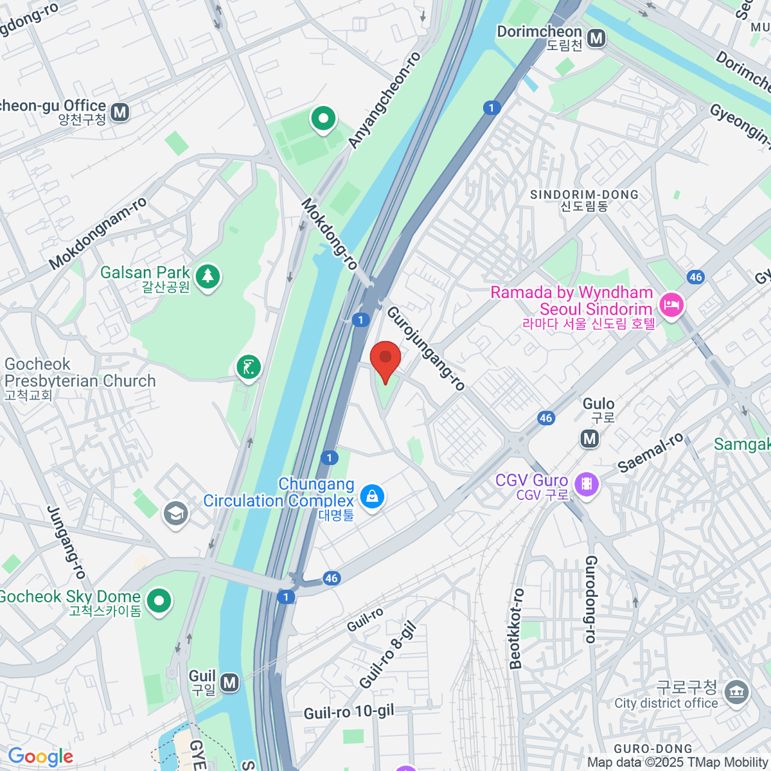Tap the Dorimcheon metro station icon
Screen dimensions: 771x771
click(x=597, y=39)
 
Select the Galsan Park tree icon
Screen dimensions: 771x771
click(x=207, y=276)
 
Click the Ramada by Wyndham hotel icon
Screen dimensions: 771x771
click(x=671, y=304)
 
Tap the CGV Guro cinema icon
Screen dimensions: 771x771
click(x=587, y=483)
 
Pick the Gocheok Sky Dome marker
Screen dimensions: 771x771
click(x=159, y=601)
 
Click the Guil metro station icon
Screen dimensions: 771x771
click(x=229, y=682)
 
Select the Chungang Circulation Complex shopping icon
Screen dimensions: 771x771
click(x=371, y=496)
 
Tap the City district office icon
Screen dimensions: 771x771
click(x=736, y=692)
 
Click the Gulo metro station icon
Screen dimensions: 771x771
click(x=589, y=439)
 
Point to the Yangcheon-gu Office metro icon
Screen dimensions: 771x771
click(x=120, y=112)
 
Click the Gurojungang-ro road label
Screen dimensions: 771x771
click(x=425, y=348)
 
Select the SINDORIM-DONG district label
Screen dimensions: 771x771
click(x=584, y=195)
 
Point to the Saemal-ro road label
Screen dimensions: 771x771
click(x=651, y=453)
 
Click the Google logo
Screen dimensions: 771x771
click(x=40, y=757)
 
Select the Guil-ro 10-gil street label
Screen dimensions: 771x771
click(x=349, y=713)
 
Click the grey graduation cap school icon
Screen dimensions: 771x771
click(x=175, y=513)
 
